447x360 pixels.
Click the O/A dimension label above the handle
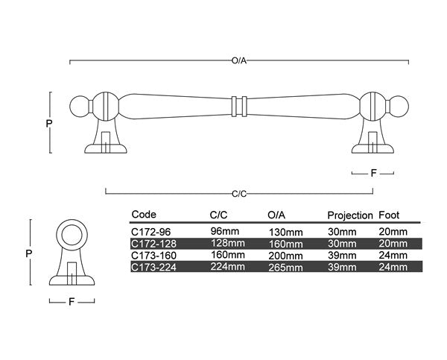[x=239, y=60]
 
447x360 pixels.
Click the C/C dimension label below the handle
[x=239, y=193]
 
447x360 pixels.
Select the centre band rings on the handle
[x=239, y=105]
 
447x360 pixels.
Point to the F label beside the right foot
[x=373, y=172]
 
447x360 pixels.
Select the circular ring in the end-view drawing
[x=74, y=236]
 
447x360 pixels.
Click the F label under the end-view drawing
[x=72, y=303]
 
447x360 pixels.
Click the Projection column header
[x=349, y=215]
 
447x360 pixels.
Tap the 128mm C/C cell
[x=227, y=244]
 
